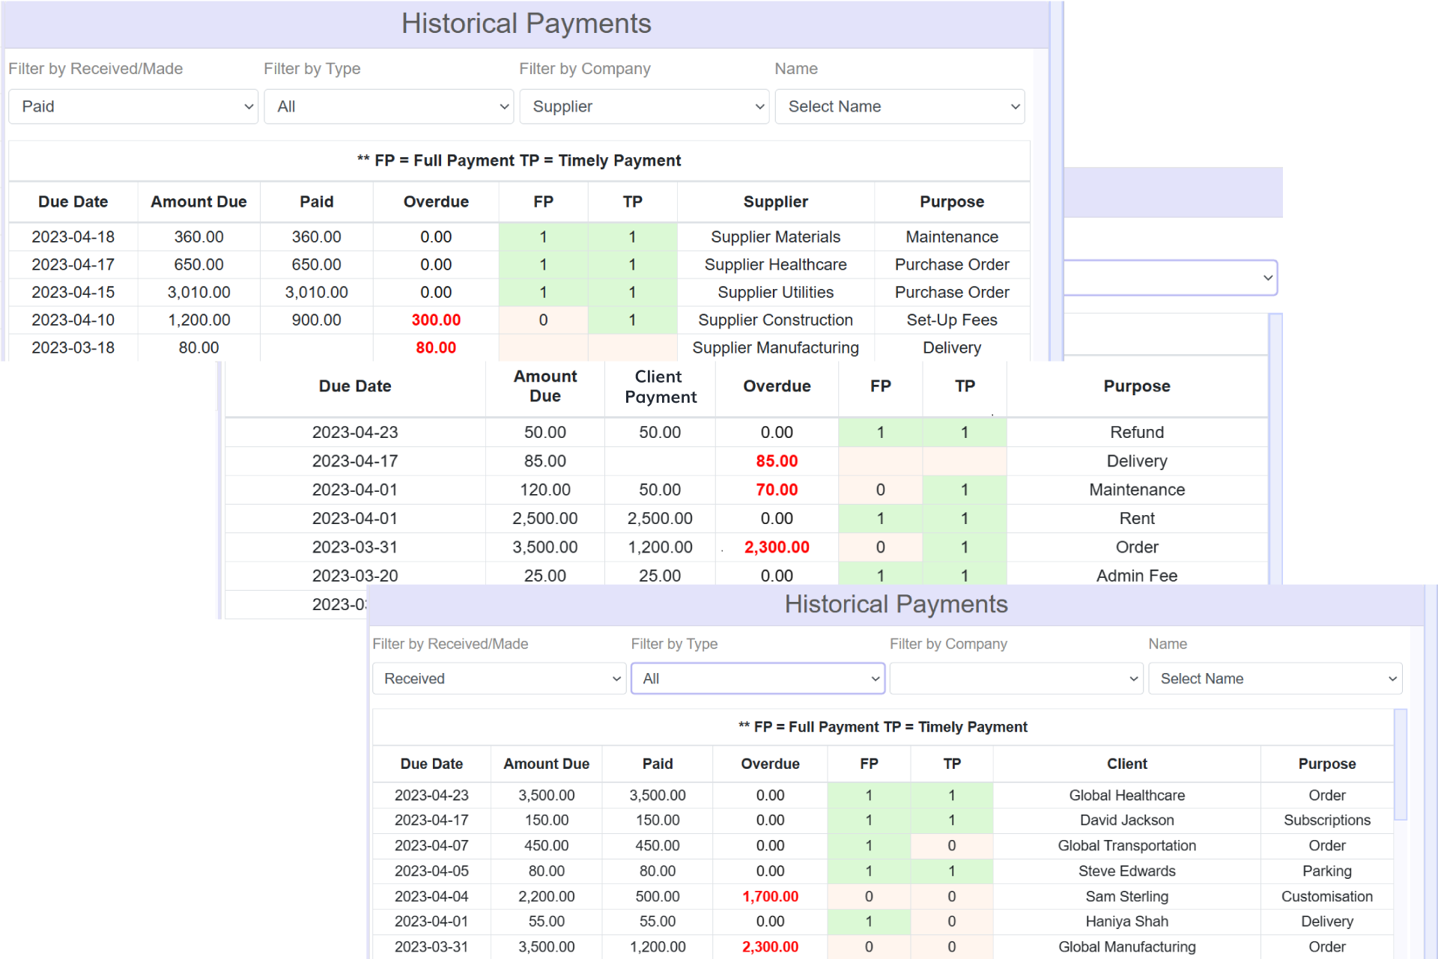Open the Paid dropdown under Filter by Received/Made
click(x=133, y=106)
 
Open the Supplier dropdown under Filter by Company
click(x=644, y=106)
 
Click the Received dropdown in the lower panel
click(x=499, y=678)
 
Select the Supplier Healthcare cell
click(x=775, y=264)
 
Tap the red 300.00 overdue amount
click(x=436, y=320)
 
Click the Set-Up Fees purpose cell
click(x=951, y=320)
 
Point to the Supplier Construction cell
click(x=775, y=320)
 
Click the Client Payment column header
click(x=660, y=386)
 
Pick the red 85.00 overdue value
click(x=777, y=461)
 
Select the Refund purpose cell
click(x=1136, y=432)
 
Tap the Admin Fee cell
click(x=1136, y=576)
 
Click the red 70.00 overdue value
click(x=777, y=490)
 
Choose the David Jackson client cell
click(x=1126, y=820)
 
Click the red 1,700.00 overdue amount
click(x=770, y=896)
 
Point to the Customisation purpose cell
click(x=1326, y=896)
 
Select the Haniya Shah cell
click(x=1126, y=921)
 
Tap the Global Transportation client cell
click(x=1126, y=845)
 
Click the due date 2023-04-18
click(x=73, y=237)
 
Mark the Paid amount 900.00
click(x=316, y=320)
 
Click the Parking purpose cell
click(x=1326, y=871)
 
